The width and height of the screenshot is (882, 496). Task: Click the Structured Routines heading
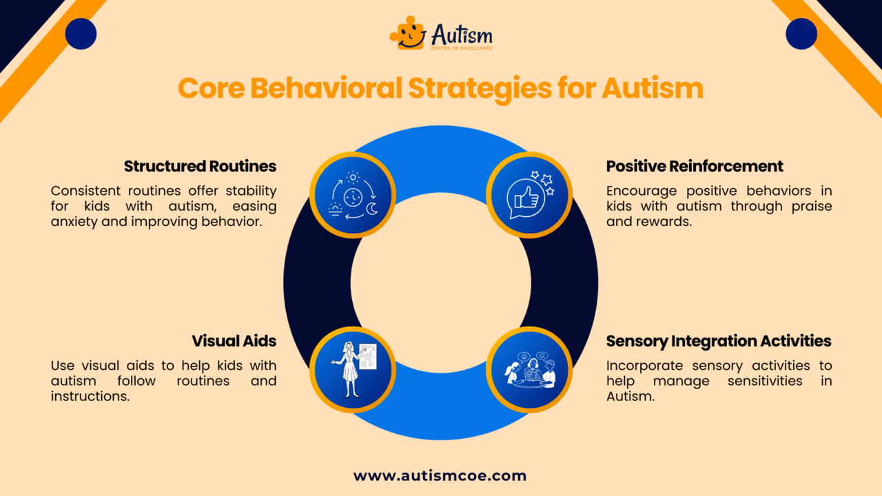coord(200,166)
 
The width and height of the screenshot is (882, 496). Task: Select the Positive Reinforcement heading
coord(695,166)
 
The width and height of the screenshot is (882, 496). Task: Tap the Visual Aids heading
coord(234,341)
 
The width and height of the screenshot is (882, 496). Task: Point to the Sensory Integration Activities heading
coord(719,341)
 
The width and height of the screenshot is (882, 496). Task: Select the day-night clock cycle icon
coord(352,195)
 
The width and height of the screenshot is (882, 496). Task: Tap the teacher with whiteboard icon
coord(352,370)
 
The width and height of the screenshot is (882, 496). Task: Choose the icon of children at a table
coord(529,370)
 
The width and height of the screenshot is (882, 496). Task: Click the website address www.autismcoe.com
coord(440,475)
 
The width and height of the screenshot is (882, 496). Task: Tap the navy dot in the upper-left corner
coord(81,34)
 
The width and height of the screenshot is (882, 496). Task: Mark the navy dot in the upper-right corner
coord(801,34)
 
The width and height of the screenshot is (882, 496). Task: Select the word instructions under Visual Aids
coord(90,397)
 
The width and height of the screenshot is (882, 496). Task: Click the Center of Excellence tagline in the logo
coord(462,47)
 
